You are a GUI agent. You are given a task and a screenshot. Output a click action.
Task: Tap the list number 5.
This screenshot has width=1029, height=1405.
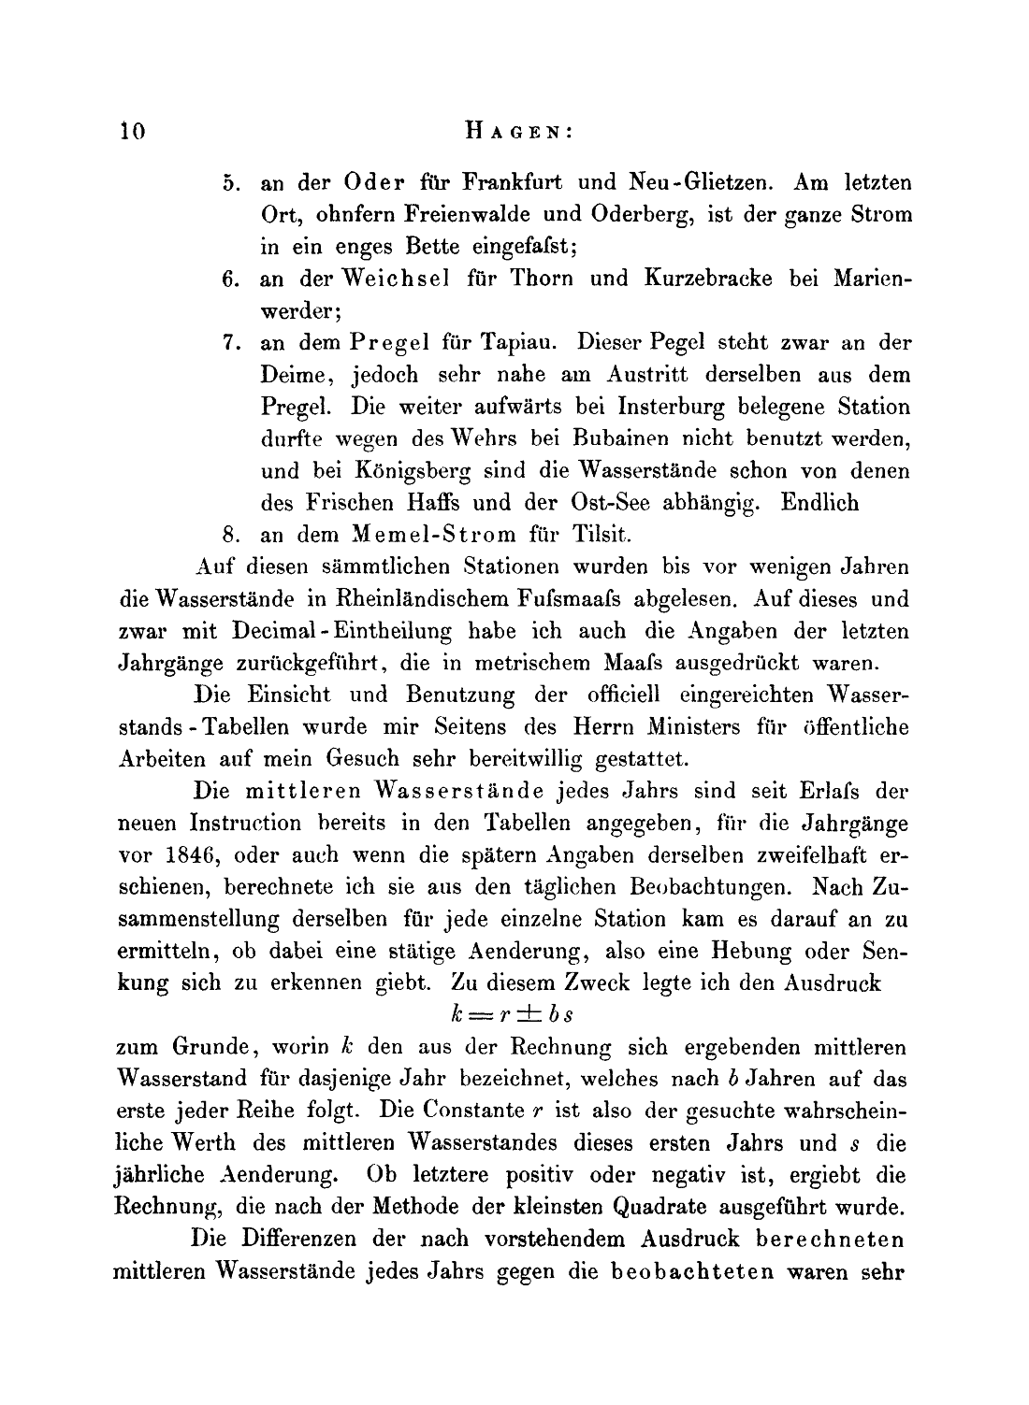point(233,181)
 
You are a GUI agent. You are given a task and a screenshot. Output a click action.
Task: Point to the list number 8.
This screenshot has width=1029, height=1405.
point(233,536)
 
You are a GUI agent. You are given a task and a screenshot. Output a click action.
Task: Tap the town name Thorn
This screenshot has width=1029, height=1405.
point(540,279)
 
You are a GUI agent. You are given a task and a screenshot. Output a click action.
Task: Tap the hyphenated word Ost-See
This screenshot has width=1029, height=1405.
point(609,503)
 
